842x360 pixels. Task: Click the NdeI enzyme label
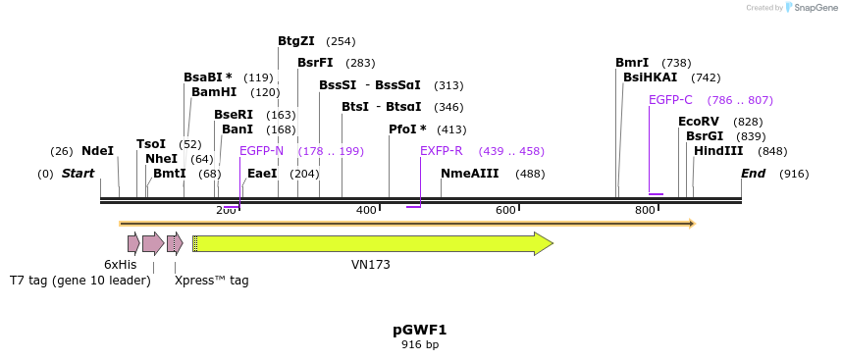click(97, 151)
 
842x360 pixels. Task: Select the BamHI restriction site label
click(214, 92)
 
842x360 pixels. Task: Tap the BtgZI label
click(296, 41)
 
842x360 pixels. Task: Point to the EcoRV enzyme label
click(699, 122)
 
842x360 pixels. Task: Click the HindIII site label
click(718, 151)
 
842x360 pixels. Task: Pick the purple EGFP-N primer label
click(261, 151)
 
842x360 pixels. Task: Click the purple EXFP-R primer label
click(441, 151)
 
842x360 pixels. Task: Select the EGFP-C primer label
click(670, 100)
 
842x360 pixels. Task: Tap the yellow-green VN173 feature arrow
click(373, 243)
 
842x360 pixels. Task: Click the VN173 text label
click(371, 265)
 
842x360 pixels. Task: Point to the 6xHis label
click(121, 265)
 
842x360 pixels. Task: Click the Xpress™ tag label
click(211, 281)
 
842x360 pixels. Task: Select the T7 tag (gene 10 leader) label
click(80, 281)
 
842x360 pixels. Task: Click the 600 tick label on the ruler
click(505, 211)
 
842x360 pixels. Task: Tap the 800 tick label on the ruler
click(645, 211)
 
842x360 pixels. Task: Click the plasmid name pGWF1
click(420, 330)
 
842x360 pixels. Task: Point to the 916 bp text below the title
click(420, 344)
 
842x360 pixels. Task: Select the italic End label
click(753, 174)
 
